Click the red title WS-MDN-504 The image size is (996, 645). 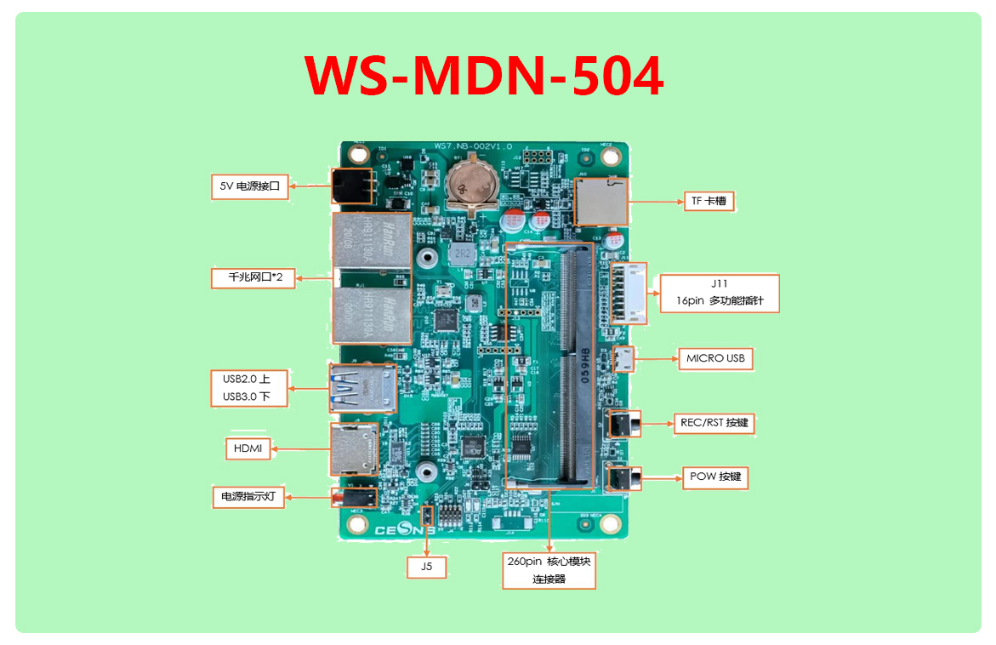pos(484,77)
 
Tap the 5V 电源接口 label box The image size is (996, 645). pos(250,186)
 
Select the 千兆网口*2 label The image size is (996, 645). pos(253,277)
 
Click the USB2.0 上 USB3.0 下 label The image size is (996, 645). pos(248,387)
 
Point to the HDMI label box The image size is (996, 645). pos(248,448)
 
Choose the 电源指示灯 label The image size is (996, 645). pos(248,496)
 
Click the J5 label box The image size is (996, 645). pos(426,566)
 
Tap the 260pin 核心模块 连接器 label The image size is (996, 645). pos(549,570)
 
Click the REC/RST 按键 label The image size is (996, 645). pos(714,423)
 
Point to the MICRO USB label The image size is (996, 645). pos(715,358)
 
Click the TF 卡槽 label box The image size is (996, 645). pos(708,202)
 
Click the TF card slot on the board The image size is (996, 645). pos(600,201)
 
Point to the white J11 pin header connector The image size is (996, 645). pos(629,293)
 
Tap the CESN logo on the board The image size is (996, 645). pos(405,528)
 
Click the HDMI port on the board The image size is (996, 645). pos(355,449)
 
